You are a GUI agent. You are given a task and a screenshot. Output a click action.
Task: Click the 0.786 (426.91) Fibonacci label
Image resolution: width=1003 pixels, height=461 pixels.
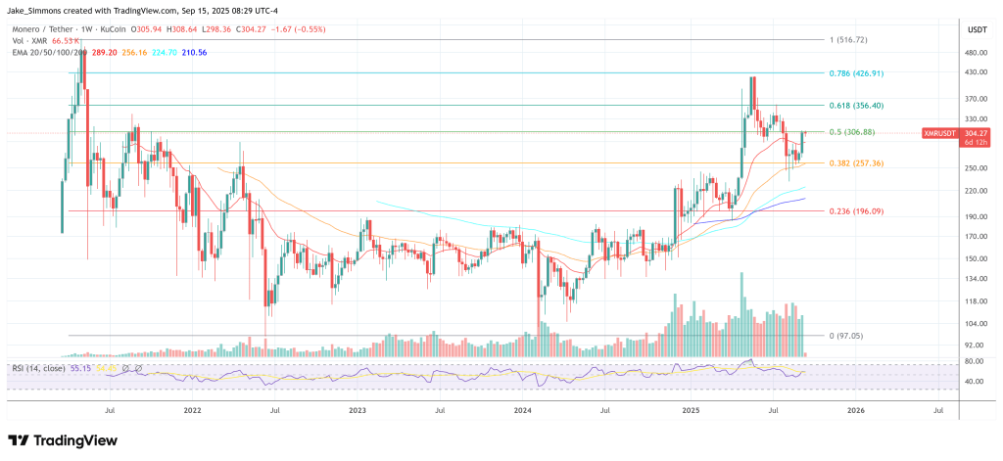(x=856, y=72)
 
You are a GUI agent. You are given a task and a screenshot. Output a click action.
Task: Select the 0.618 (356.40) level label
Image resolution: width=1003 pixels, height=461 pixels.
(x=856, y=105)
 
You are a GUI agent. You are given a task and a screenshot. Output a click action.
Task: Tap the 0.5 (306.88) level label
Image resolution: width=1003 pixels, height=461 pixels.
(x=851, y=132)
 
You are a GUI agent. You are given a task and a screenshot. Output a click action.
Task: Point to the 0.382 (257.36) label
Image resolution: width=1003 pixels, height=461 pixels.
(x=856, y=162)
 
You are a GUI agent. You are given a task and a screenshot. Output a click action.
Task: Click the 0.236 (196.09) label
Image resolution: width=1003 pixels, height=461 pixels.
(x=856, y=210)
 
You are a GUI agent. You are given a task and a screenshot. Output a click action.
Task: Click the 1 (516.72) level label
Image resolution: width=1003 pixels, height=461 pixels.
(x=849, y=40)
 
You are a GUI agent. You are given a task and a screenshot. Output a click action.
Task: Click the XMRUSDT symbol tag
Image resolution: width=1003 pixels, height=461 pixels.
(x=939, y=132)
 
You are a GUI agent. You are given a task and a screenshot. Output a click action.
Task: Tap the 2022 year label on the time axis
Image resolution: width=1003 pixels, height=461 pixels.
(x=192, y=412)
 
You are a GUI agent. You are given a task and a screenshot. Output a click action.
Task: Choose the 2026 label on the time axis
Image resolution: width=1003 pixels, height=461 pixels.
(x=854, y=412)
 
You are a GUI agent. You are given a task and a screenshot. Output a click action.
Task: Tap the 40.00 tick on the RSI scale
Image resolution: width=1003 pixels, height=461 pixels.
(x=973, y=381)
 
